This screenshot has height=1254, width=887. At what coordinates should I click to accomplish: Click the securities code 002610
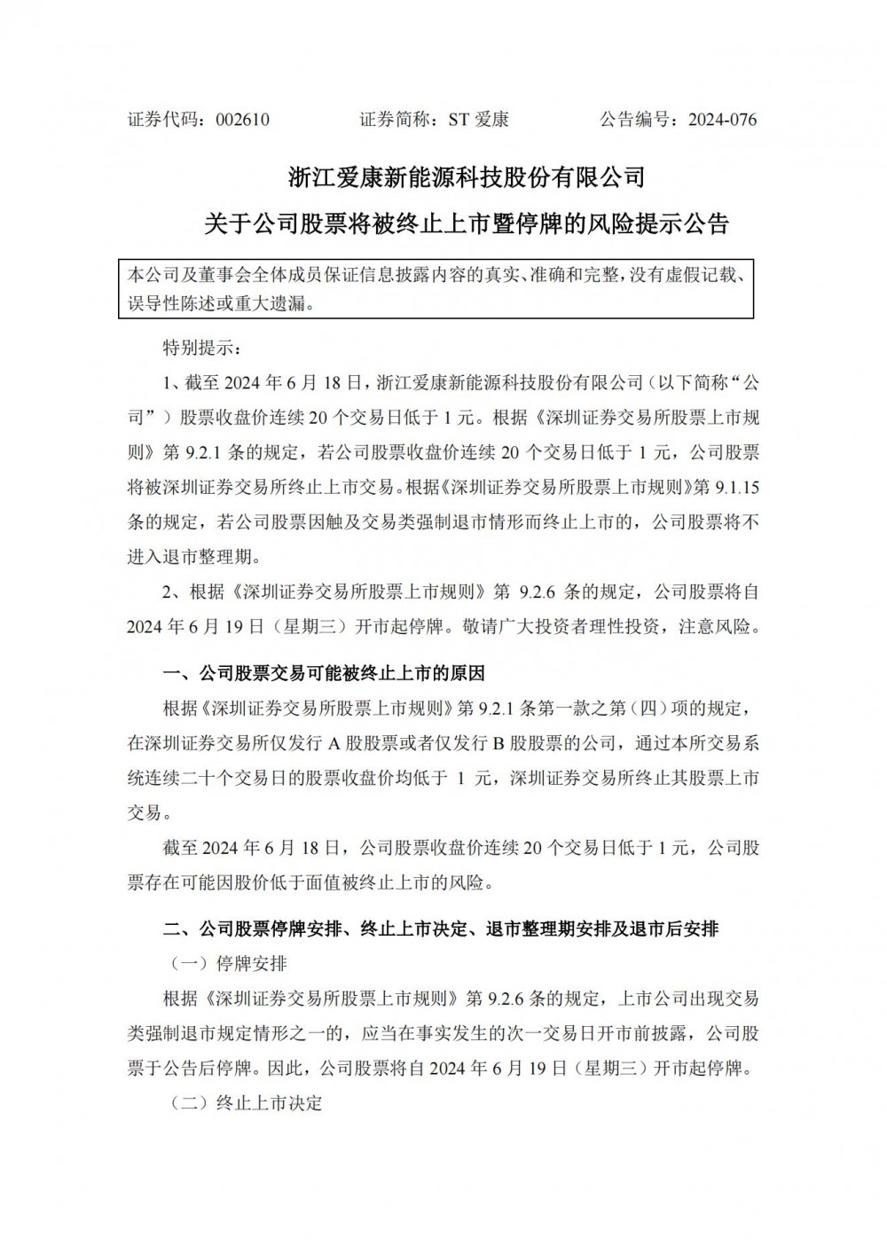243,120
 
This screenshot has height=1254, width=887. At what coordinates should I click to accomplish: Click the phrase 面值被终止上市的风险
404,882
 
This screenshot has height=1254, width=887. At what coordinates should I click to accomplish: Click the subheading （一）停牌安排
229,964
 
